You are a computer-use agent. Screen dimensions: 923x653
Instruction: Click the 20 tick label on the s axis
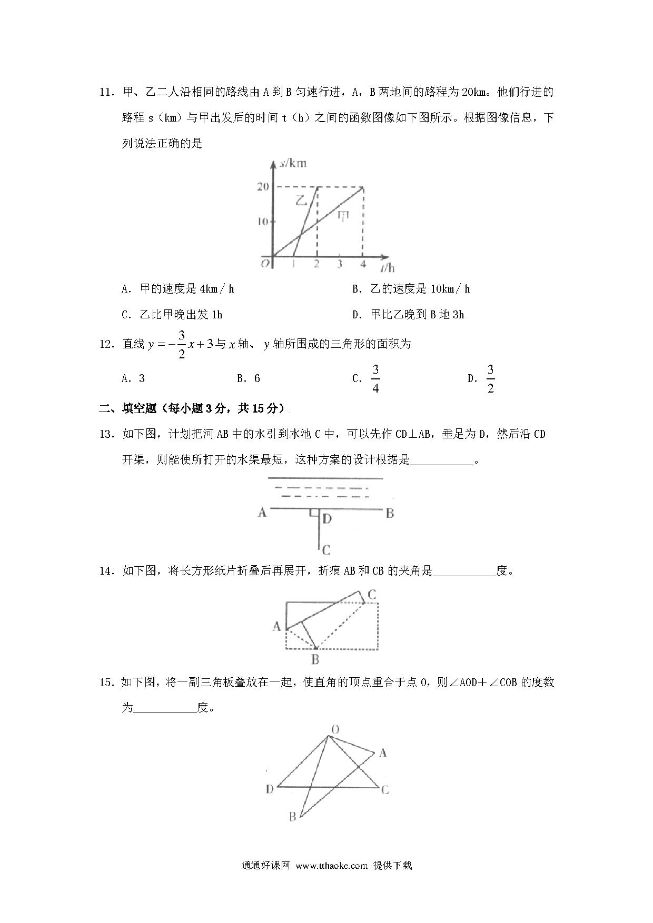(263, 187)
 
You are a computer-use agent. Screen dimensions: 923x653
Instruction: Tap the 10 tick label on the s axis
(263, 222)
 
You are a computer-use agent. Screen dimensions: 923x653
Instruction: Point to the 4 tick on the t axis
(362, 264)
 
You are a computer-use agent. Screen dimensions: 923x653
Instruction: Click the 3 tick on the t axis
(340, 264)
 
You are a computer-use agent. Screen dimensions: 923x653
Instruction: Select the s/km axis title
(293, 164)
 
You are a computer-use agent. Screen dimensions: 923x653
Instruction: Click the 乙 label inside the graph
(301, 200)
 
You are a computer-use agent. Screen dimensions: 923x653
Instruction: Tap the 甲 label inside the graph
(343, 216)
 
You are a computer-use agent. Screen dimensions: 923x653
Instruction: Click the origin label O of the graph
(265, 263)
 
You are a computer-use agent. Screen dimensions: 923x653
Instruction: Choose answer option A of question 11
(177, 289)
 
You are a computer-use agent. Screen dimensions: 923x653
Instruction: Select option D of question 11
(408, 315)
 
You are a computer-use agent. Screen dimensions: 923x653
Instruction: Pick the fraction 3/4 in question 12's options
(375, 379)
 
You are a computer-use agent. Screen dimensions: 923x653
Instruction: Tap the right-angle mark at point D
(314, 513)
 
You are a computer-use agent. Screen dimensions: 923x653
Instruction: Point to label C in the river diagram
(326, 550)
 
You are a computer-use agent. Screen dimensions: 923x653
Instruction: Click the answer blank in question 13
(441, 460)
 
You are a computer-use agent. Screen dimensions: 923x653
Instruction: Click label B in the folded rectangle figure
(315, 659)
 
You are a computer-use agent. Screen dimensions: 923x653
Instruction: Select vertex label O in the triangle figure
(334, 729)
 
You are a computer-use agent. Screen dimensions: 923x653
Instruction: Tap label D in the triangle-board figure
(269, 789)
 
